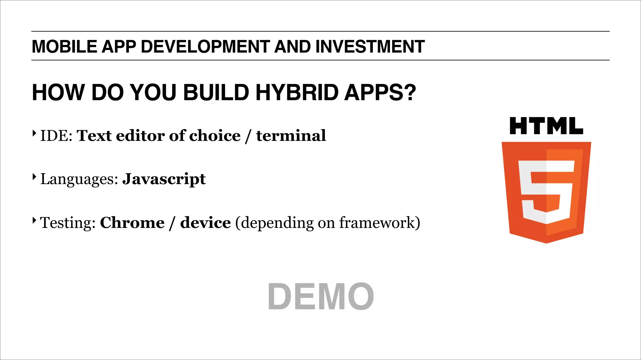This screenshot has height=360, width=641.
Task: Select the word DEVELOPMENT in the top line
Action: coord(205,47)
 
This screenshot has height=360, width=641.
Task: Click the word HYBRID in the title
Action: coord(297,93)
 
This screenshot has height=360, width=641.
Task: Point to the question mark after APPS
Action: coord(410,93)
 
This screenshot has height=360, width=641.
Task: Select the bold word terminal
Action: coord(291,136)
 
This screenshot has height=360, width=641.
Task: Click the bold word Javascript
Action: coord(164,179)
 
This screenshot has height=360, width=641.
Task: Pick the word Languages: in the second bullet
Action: coord(79,179)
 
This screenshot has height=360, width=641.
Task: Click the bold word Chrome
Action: coord(132,223)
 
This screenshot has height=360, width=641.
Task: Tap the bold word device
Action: coord(205,223)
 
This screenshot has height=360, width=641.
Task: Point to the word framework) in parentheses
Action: coord(380,223)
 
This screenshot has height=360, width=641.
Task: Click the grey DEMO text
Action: coord(320,296)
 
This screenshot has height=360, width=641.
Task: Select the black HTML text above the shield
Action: coord(546,126)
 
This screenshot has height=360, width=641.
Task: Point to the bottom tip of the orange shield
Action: coord(546,242)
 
